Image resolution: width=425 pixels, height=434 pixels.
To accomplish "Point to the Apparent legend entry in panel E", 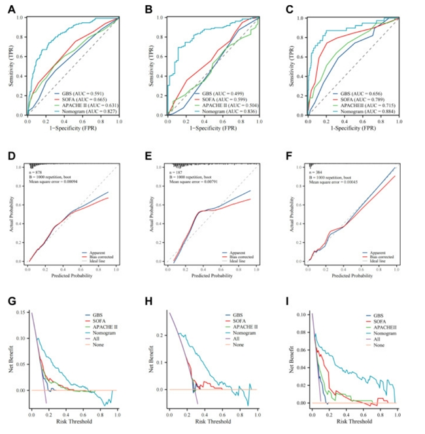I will [x=246, y=251].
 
